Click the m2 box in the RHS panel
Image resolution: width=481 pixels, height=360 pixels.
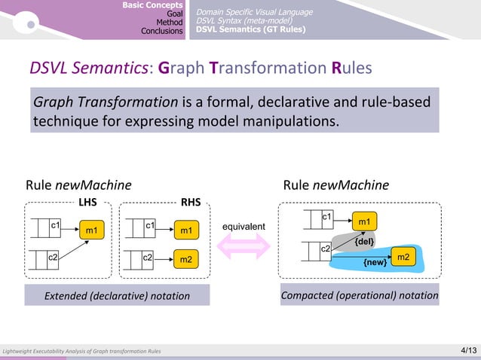click(x=185, y=260)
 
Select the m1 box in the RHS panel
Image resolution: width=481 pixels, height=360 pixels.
click(x=185, y=229)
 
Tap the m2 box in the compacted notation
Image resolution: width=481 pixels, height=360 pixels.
click(x=403, y=258)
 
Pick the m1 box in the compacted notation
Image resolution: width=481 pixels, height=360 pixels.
click(x=364, y=221)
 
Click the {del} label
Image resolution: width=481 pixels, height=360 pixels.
click(x=366, y=241)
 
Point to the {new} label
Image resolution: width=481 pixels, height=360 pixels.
click(x=375, y=262)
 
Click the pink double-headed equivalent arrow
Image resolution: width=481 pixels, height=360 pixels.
click(x=243, y=246)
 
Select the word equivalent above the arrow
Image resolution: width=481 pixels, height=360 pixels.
click(x=243, y=226)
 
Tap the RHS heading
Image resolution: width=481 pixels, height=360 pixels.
click(x=191, y=202)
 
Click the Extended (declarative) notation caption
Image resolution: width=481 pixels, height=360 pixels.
click(x=117, y=296)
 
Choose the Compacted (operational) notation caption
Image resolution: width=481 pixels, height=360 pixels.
click(x=360, y=295)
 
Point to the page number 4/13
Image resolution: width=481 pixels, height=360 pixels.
click(x=468, y=350)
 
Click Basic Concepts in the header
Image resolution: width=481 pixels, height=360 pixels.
click(x=153, y=5)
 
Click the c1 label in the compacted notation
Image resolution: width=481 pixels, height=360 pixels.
click(x=326, y=217)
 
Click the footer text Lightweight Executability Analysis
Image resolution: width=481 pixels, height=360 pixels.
click(x=81, y=352)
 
